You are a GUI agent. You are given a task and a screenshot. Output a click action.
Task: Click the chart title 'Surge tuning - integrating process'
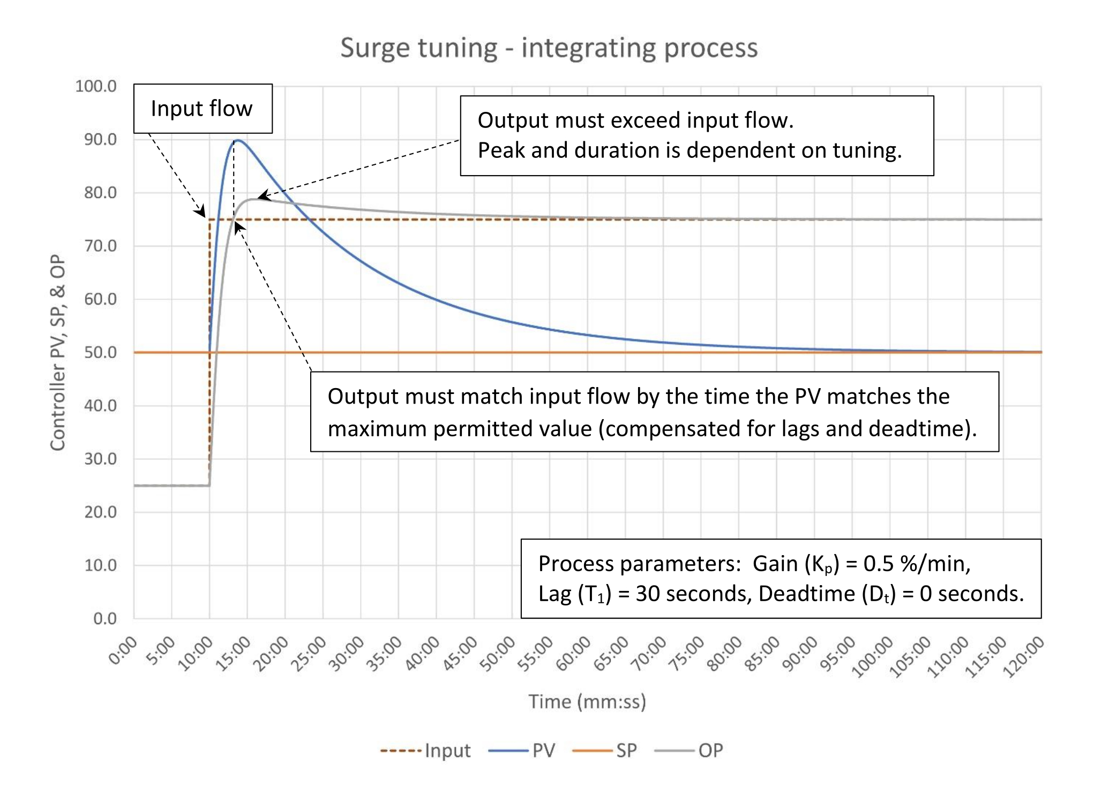pyautogui.click(x=549, y=48)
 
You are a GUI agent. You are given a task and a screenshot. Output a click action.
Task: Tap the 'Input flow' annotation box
pyautogui.click(x=203, y=109)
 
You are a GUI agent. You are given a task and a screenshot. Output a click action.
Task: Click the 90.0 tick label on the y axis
pyautogui.click(x=100, y=140)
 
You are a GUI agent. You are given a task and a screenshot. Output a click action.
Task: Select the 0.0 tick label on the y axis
pyautogui.click(x=104, y=618)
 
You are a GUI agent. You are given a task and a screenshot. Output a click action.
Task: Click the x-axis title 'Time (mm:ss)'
pyautogui.click(x=587, y=701)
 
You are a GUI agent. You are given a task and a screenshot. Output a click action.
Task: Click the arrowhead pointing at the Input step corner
pyautogui.click(x=201, y=212)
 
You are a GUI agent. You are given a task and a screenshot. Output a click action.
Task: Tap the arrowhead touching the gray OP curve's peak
pyautogui.click(x=263, y=196)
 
